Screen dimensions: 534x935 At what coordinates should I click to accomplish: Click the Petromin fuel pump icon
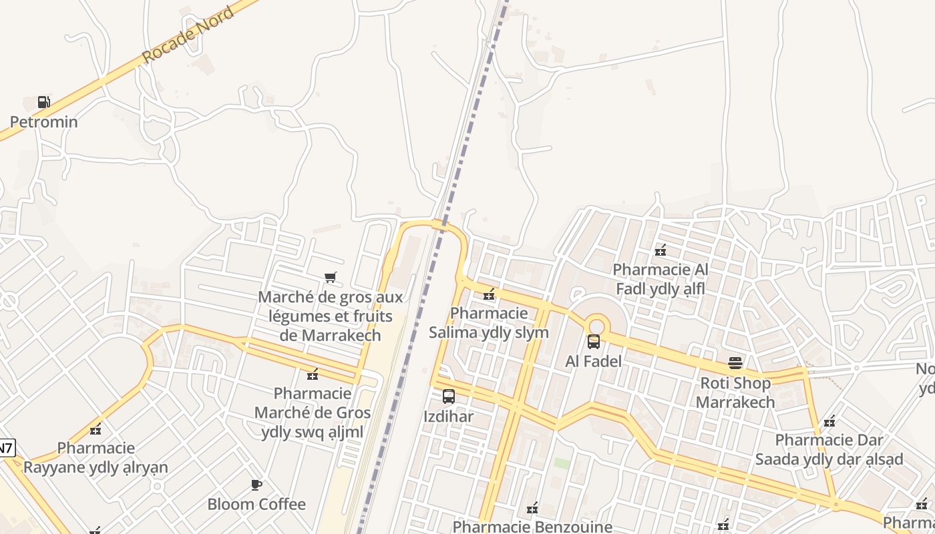(x=43, y=102)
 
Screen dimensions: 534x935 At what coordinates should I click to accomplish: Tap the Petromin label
(x=43, y=122)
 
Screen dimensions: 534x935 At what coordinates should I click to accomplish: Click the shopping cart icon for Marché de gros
(x=330, y=277)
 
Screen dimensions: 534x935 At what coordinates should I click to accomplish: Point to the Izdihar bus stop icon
(x=449, y=396)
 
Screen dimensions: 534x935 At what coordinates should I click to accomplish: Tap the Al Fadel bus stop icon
(x=593, y=342)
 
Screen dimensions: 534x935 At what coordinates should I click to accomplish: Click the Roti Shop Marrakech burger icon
(x=735, y=364)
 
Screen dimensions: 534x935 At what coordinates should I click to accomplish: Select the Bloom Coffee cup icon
(x=256, y=485)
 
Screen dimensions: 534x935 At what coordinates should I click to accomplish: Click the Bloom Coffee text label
(x=256, y=504)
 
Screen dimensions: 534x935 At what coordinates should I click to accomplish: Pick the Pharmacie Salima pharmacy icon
(x=489, y=294)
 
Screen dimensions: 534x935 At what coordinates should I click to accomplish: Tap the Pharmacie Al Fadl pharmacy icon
(x=661, y=250)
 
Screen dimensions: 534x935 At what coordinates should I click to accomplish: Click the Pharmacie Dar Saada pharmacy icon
(x=829, y=421)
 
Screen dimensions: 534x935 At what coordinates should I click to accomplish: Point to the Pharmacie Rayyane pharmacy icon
(x=96, y=429)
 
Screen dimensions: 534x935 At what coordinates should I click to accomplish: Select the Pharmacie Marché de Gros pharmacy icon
(x=312, y=374)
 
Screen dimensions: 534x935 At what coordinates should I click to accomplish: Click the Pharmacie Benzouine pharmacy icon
(x=532, y=509)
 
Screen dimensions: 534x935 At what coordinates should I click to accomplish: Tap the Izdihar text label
(x=449, y=417)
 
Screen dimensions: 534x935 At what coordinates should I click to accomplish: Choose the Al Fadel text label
(x=593, y=361)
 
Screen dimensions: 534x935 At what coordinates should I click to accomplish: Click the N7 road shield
(x=5, y=447)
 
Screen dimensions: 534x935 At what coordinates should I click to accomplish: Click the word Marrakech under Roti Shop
(x=735, y=402)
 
